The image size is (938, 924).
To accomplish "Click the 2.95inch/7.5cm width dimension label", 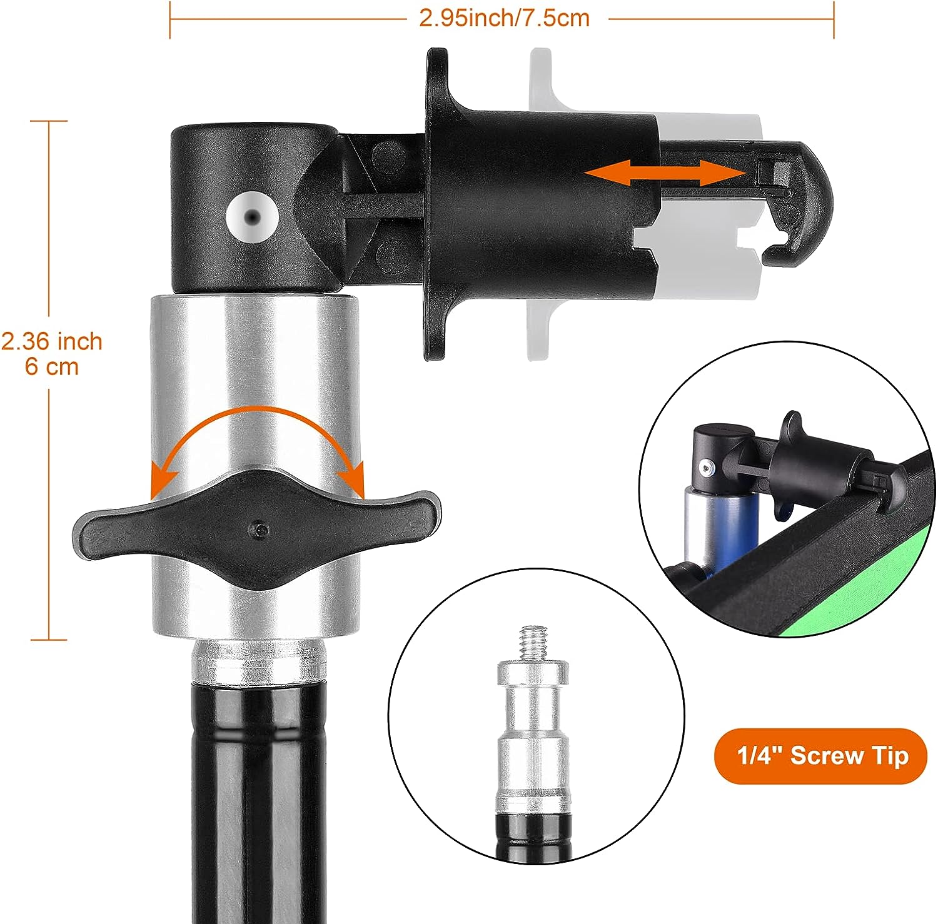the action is click(504, 18).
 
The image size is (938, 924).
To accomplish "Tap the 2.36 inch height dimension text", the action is click(51, 341).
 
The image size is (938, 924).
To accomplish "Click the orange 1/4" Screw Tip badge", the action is click(820, 756).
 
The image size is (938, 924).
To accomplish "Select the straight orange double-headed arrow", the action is click(664, 173).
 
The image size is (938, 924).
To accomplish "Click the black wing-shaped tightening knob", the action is click(257, 529).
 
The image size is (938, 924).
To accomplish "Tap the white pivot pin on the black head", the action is click(252, 216).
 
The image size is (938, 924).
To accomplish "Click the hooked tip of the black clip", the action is click(807, 206).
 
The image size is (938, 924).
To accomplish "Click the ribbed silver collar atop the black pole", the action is click(258, 661).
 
